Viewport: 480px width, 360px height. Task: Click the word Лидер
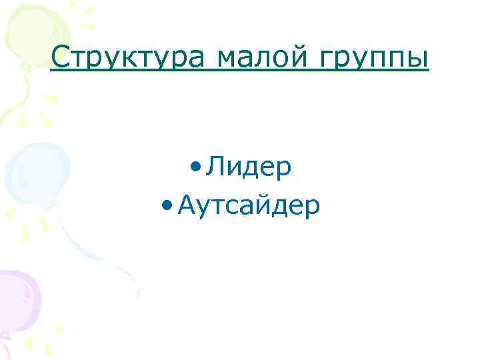[x=249, y=167]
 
